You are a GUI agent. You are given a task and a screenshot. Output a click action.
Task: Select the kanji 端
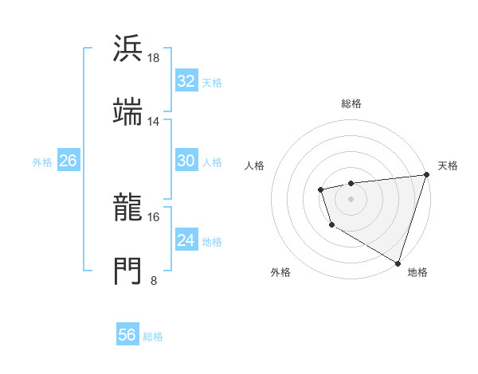[x=128, y=112]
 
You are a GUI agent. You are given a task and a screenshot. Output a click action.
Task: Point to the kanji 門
[x=128, y=271]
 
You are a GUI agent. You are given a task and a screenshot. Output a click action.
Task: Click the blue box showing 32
[x=186, y=81]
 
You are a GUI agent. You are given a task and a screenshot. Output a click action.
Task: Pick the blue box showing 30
[x=186, y=161]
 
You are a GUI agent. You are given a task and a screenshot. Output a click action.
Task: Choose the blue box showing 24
[x=186, y=240]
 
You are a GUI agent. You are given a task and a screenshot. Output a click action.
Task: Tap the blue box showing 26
[x=68, y=161]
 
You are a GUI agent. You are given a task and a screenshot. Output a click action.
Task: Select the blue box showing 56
[x=127, y=335]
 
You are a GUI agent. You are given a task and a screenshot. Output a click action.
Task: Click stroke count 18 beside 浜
[x=155, y=58]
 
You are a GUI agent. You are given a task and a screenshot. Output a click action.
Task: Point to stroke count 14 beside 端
[x=154, y=122]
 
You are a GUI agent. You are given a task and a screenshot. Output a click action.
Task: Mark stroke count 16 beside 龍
[x=154, y=216]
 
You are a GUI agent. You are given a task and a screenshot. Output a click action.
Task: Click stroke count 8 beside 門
[x=154, y=280]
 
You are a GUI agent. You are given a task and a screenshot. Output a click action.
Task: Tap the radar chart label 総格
[x=351, y=103]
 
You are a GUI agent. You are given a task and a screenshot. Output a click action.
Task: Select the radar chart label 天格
[x=448, y=166]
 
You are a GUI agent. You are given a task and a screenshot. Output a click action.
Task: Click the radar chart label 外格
[x=280, y=272]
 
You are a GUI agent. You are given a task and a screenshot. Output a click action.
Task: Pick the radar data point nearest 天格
[x=425, y=175]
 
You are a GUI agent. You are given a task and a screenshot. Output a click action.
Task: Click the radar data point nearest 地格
[x=397, y=263]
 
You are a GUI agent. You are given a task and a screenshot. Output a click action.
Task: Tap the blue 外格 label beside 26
[x=42, y=162]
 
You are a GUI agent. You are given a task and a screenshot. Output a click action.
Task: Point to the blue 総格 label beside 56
[x=153, y=337]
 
